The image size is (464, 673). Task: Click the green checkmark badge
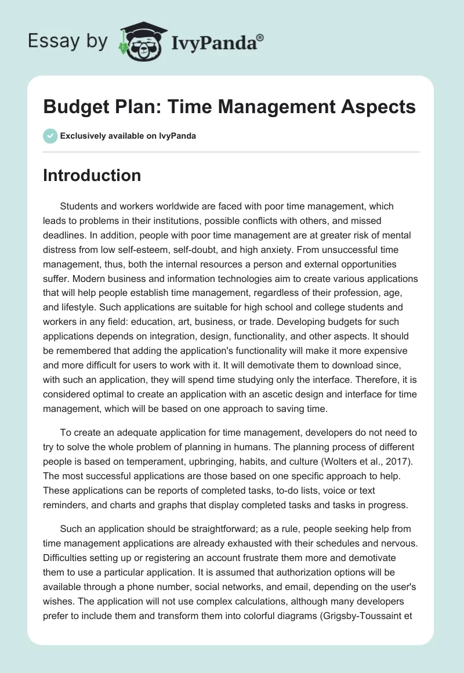pos(50,136)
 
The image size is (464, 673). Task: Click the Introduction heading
pos(92,175)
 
